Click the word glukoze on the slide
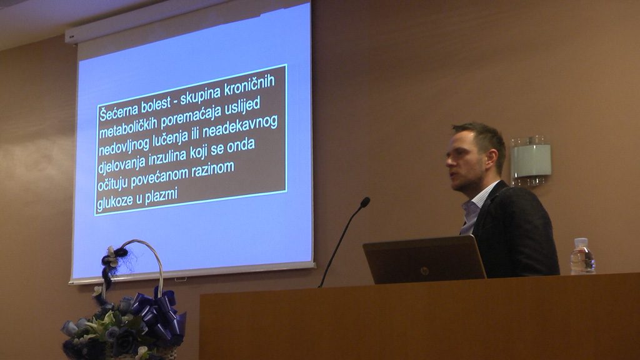click(x=114, y=202)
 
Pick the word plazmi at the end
click(x=162, y=195)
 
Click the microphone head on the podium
click(x=365, y=202)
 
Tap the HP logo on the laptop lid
click(x=424, y=271)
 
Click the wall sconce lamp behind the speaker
click(x=531, y=161)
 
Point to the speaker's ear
click(x=491, y=157)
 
